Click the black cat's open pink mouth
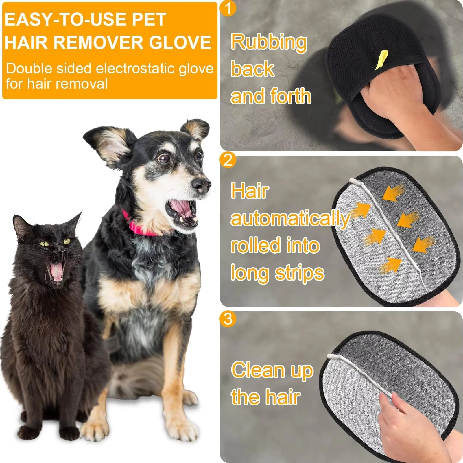pos(56,272)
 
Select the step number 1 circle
pos(228,9)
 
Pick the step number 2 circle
pos(228,160)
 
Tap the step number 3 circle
pos(228,319)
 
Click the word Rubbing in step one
pos(269,42)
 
